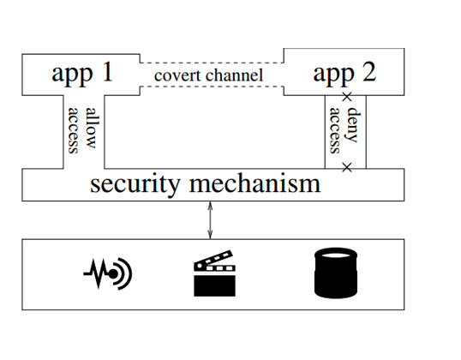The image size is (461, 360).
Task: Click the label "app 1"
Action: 82,74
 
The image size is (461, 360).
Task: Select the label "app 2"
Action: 344,74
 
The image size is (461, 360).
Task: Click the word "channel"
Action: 234,75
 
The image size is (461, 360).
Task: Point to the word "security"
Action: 135,184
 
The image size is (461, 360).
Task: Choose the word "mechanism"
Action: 254,183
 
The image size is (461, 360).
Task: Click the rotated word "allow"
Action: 91,128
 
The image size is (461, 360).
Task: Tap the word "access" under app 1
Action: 73,130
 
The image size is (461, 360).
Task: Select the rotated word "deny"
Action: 353,124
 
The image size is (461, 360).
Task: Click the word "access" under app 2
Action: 334,130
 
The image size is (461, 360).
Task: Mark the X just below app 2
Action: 347,97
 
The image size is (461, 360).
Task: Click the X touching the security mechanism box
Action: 347,168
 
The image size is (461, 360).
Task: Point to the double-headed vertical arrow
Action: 210,220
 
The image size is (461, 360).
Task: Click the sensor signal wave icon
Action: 108,273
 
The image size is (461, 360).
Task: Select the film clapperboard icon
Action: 214,273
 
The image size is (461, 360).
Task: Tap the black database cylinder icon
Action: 336,273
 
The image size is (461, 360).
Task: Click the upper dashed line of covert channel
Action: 212,63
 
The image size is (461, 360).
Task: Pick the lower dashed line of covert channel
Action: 212,87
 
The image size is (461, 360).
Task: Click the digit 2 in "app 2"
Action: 369,72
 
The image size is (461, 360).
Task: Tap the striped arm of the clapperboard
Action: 213,260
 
